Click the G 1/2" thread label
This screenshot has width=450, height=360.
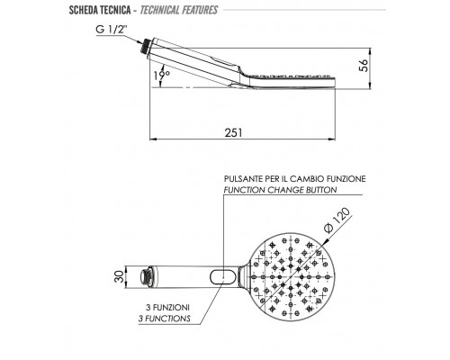pyautogui.click(x=112, y=30)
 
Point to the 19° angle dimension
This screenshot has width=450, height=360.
pyautogui.click(x=162, y=75)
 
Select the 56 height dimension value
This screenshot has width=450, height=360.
pyautogui.click(x=364, y=66)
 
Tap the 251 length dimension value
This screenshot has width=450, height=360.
pyautogui.click(x=233, y=132)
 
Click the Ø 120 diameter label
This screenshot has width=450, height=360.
pyautogui.click(x=337, y=220)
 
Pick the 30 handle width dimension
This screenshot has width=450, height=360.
pyautogui.click(x=119, y=276)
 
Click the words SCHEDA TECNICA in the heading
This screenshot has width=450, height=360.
pyautogui.click(x=100, y=10)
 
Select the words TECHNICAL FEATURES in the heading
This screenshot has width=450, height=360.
pyautogui.click(x=179, y=10)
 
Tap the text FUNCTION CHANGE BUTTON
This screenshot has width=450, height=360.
pyautogui.click(x=280, y=190)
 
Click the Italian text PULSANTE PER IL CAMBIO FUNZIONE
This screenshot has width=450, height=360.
pyautogui.click(x=295, y=179)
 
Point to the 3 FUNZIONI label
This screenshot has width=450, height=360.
pyautogui.click(x=167, y=308)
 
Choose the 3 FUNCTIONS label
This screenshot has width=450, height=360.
pyautogui.click(x=165, y=319)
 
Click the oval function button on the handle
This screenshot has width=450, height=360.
pyautogui.click(x=222, y=276)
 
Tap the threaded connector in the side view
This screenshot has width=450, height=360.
pyautogui.click(x=146, y=46)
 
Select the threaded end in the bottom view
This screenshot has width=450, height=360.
pyautogui.click(x=146, y=276)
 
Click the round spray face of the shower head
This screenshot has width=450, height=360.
pyautogui.click(x=291, y=276)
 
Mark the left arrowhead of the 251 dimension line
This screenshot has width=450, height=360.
pyautogui.click(x=153, y=139)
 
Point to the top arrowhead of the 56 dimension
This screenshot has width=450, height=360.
pyautogui.click(x=371, y=51)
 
